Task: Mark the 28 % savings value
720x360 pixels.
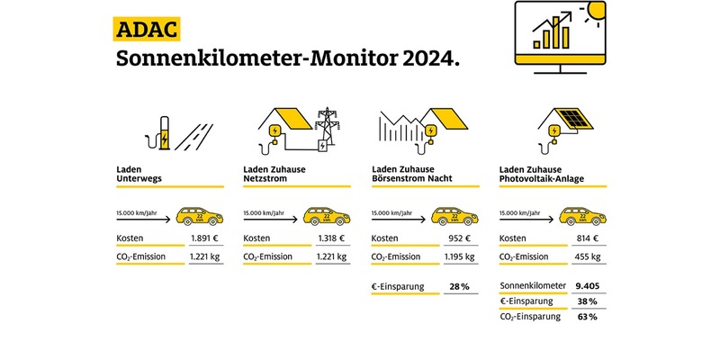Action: [x=458, y=287]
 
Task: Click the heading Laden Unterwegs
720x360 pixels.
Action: [x=142, y=174]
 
